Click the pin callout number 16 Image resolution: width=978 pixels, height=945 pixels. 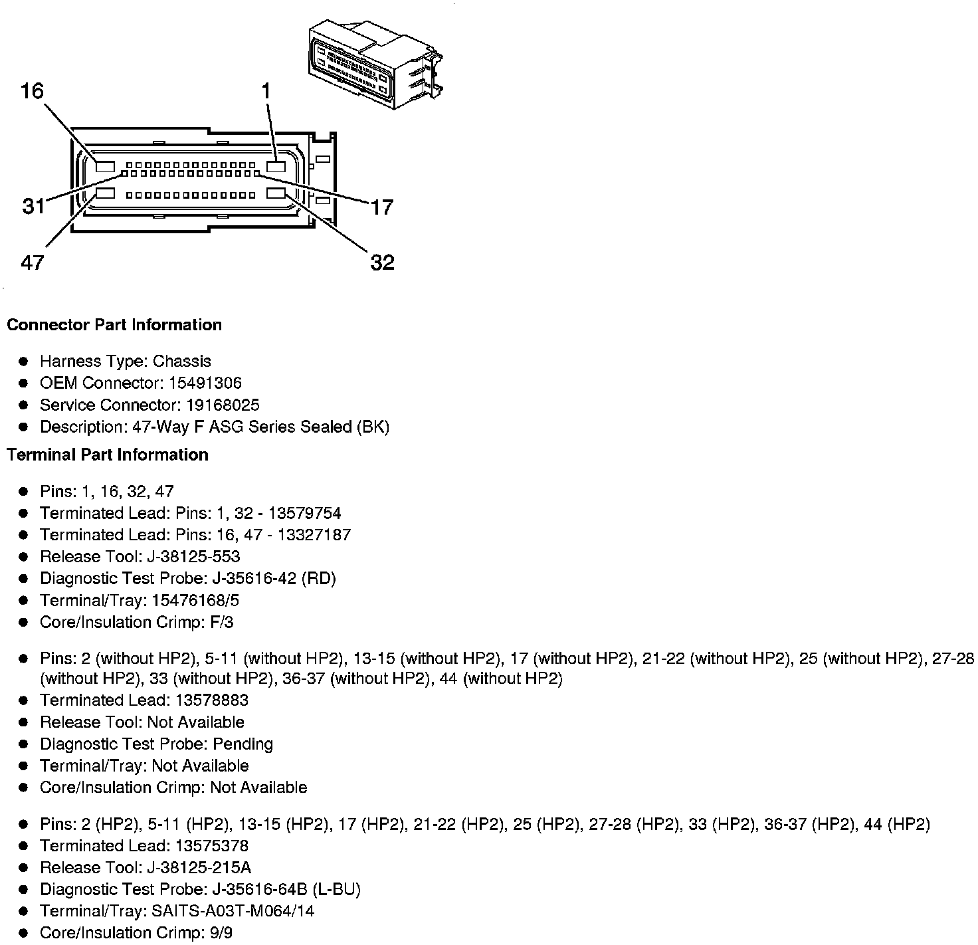point(32,90)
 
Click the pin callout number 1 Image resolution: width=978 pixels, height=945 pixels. point(266,91)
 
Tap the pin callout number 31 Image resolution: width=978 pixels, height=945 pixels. point(34,207)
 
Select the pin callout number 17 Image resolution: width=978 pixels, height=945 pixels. point(382,207)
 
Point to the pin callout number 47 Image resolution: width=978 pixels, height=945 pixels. point(32,262)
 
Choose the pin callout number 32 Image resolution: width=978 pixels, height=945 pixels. point(382,263)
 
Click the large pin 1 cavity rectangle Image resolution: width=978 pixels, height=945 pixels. point(276,165)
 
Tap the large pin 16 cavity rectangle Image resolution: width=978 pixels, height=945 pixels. point(106,165)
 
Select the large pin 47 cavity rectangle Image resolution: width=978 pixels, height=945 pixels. point(106,194)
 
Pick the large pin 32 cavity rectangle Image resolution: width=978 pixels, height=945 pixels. point(276,193)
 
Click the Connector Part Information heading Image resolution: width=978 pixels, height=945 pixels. point(114,325)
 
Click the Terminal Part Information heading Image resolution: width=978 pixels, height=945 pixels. point(108,455)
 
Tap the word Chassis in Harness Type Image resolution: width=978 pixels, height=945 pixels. point(181,362)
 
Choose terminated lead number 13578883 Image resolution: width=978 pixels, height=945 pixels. point(212,700)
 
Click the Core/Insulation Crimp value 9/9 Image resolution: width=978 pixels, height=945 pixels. point(220,933)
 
